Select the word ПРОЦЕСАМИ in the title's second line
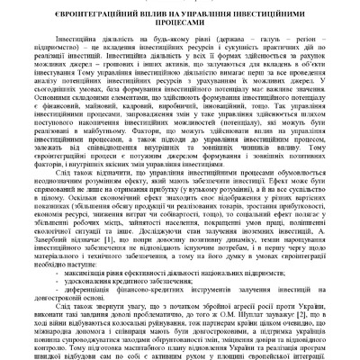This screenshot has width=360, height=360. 180,26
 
